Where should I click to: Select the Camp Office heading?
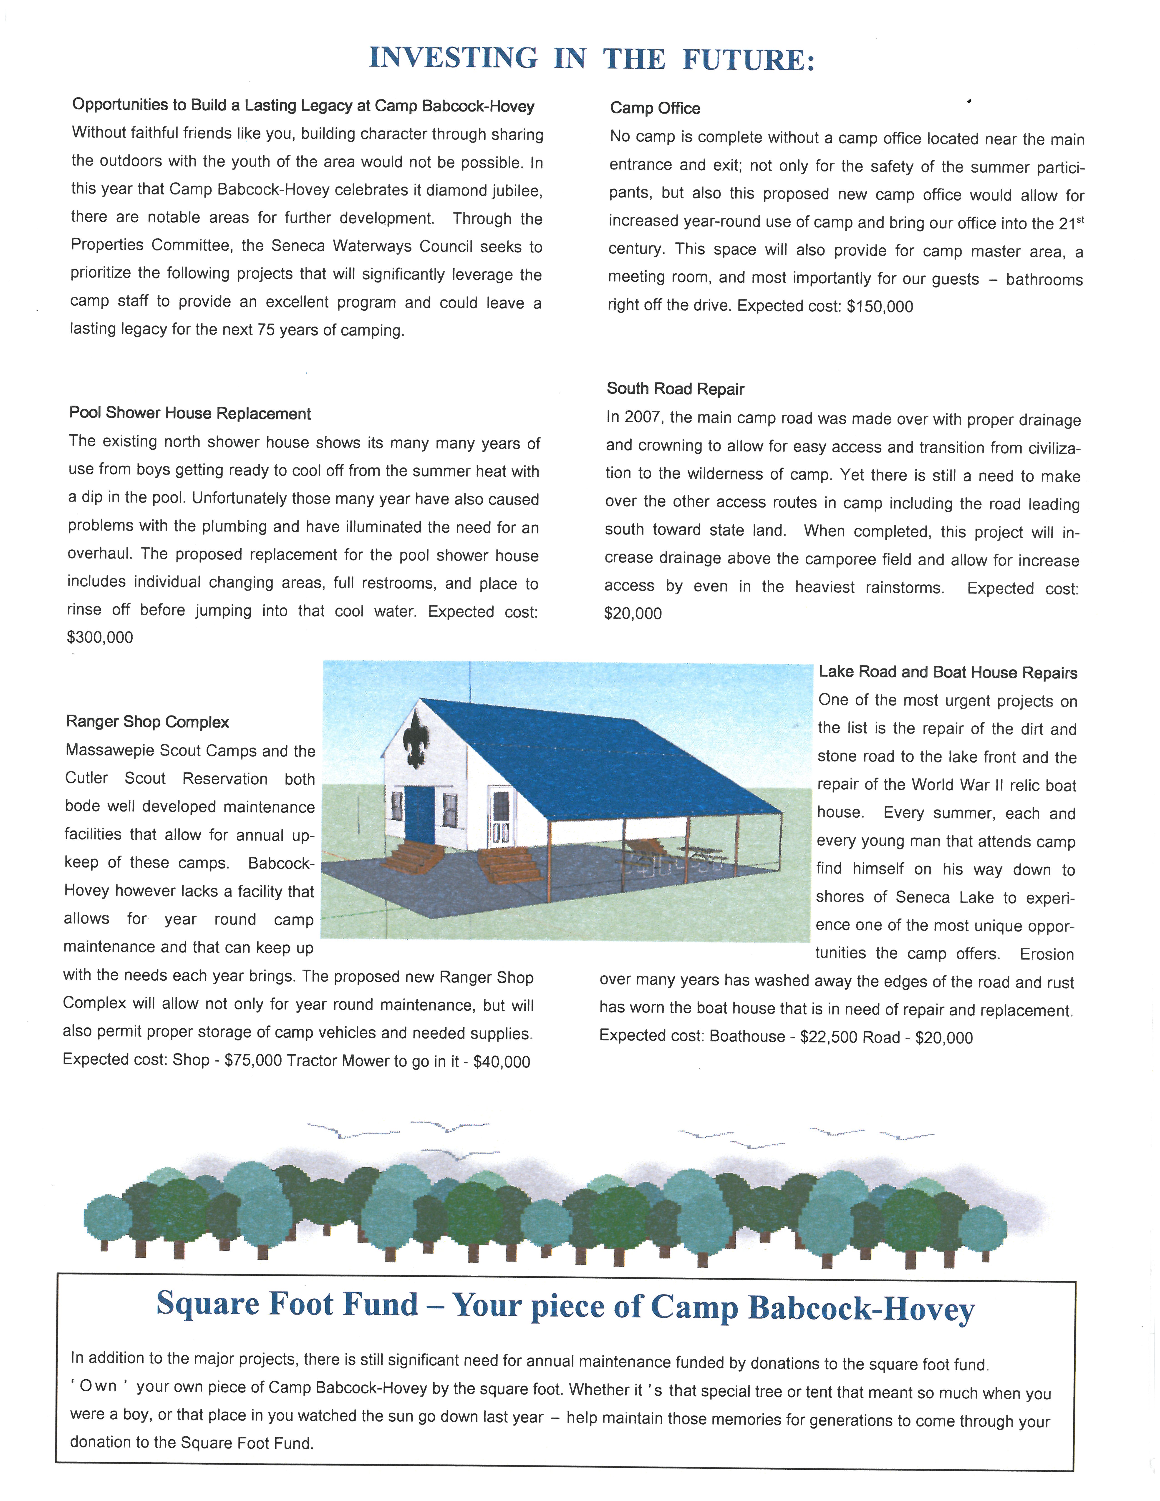[655, 108]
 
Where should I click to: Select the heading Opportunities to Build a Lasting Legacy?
[303, 106]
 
